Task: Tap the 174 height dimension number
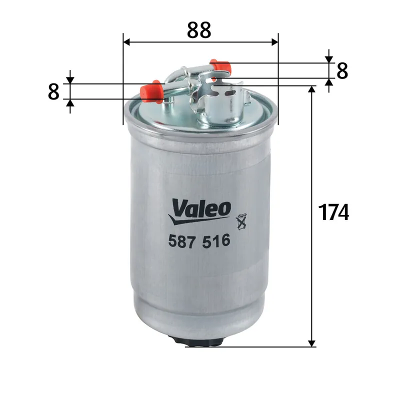pyautogui.click(x=333, y=212)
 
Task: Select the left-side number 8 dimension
pyautogui.click(x=54, y=91)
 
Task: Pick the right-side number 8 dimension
pyautogui.click(x=342, y=71)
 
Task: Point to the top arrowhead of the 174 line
pyautogui.click(x=312, y=89)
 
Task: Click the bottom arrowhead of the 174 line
pyautogui.click(x=312, y=342)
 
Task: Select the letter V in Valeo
pyautogui.click(x=178, y=206)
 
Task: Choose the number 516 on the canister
pyautogui.click(x=218, y=241)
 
